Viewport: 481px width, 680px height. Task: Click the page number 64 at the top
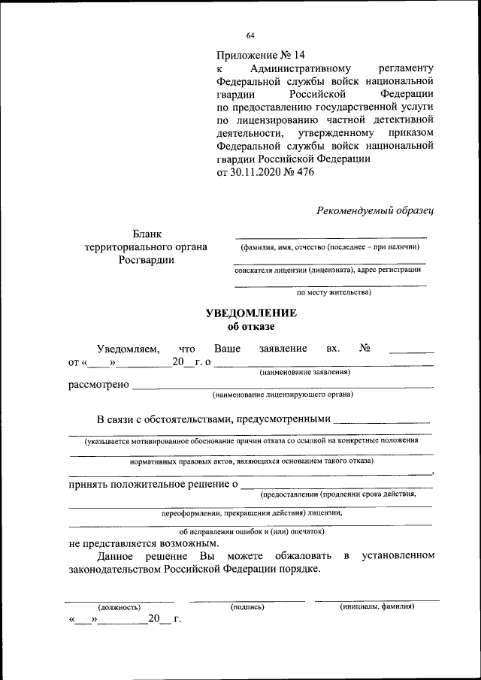click(250, 35)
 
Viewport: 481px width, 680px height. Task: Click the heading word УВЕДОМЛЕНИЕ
click(252, 313)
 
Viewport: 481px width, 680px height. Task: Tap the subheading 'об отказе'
click(251, 326)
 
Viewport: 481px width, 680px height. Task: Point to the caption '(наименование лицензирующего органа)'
click(283, 394)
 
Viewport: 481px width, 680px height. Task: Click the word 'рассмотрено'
click(98, 385)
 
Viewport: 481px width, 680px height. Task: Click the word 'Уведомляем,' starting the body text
click(128, 349)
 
